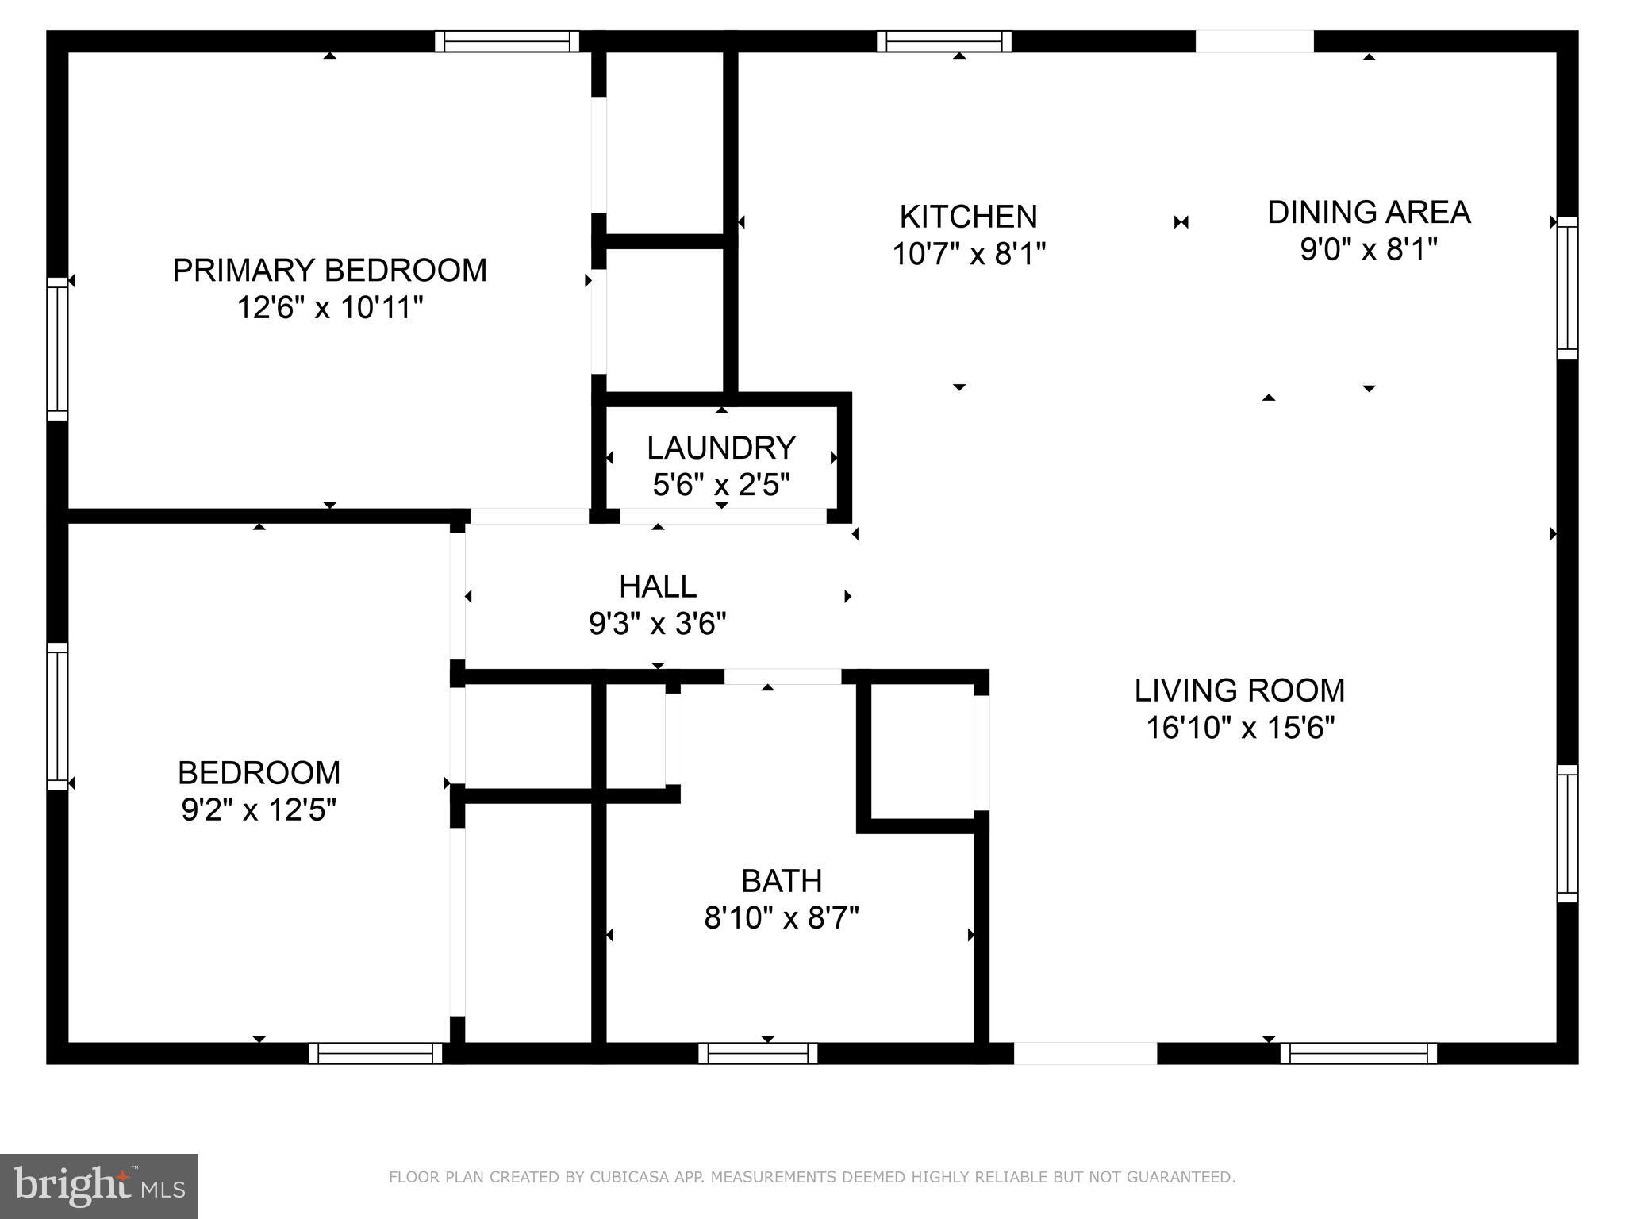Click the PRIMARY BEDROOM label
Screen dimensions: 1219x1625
(x=329, y=271)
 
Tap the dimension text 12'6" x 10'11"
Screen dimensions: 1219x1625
(x=329, y=308)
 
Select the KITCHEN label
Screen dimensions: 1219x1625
(x=968, y=217)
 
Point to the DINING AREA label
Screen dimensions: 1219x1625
(x=1369, y=213)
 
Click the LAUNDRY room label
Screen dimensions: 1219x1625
(x=720, y=448)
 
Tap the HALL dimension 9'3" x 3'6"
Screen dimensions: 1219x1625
(x=657, y=625)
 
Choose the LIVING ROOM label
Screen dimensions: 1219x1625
(x=1239, y=690)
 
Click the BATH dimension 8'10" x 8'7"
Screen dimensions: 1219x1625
(x=782, y=919)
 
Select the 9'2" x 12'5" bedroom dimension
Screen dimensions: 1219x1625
(x=259, y=810)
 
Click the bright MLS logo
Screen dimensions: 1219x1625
(x=99, y=1186)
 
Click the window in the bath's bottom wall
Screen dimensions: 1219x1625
(x=758, y=1054)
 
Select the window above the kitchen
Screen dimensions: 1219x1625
(x=944, y=41)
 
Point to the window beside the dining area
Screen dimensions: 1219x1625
(x=1567, y=288)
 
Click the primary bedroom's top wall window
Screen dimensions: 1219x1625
(x=507, y=41)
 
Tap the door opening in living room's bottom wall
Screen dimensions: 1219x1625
(x=1085, y=1054)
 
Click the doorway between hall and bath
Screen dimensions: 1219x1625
(x=782, y=677)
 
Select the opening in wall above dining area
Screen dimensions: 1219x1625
(x=1254, y=41)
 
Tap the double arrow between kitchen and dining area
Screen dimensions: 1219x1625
(x=1181, y=222)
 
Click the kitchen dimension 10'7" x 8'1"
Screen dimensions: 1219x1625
(x=968, y=255)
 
